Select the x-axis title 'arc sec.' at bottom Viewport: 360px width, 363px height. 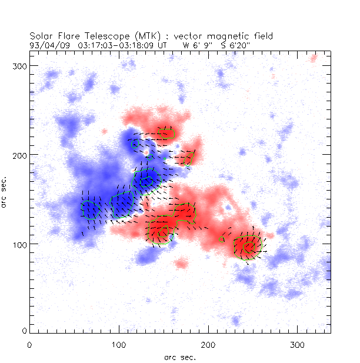[x=179, y=357]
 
